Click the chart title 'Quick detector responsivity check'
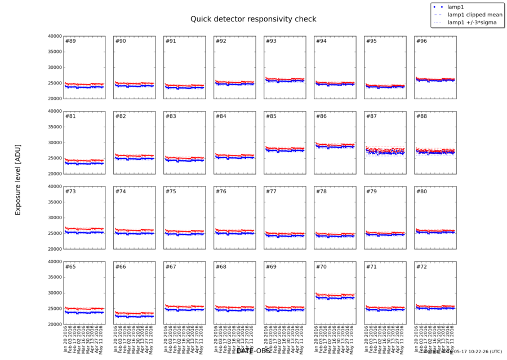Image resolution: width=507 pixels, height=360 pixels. tap(252, 19)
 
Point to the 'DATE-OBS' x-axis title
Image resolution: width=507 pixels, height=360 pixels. tap(253, 351)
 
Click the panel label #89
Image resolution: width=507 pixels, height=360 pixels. tap(71, 41)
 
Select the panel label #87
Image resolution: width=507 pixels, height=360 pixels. tap(371, 116)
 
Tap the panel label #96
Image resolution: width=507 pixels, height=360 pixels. tap(421, 41)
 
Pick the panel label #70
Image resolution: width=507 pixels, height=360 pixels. tap(321, 266)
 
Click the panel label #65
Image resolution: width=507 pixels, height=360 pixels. tap(71, 266)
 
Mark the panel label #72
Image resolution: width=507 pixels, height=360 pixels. tap(421, 266)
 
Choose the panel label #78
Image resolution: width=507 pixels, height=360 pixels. tap(321, 192)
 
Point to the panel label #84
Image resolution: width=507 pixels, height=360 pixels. tap(221, 116)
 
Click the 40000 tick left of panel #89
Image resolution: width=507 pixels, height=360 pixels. tap(54, 36)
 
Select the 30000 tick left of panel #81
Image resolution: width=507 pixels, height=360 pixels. tap(54, 143)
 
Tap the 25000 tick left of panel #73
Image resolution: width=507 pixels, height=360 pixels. tap(54, 233)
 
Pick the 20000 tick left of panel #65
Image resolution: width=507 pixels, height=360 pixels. tap(54, 325)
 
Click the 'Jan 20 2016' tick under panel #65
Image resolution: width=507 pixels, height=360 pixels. tap(66, 339)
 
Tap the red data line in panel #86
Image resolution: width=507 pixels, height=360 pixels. tap(335, 145)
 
